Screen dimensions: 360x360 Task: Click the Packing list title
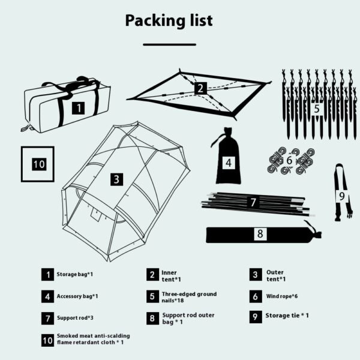(169, 20)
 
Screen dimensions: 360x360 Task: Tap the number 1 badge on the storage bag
(78, 108)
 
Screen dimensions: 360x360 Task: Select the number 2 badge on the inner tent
(200, 89)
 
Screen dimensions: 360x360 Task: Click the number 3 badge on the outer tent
(116, 179)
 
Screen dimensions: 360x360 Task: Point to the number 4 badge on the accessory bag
(228, 162)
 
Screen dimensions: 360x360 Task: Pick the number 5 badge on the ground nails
(316, 109)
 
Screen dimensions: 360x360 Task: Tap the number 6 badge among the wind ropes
(289, 161)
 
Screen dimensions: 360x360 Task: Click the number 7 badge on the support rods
(253, 202)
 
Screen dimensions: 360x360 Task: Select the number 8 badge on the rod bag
(259, 234)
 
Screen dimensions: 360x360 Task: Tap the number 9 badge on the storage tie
(341, 196)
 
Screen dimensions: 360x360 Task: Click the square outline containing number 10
(38, 164)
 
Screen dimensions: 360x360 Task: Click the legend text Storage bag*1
(74, 274)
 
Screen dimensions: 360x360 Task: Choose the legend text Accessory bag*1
(77, 296)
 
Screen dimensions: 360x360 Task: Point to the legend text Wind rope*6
(283, 296)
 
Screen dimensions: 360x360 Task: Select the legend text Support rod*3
(75, 317)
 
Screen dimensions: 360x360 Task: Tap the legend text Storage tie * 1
(287, 315)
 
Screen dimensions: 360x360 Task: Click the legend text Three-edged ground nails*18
(189, 296)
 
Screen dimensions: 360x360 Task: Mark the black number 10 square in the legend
(48, 340)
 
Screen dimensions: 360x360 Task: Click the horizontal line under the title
(169, 44)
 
